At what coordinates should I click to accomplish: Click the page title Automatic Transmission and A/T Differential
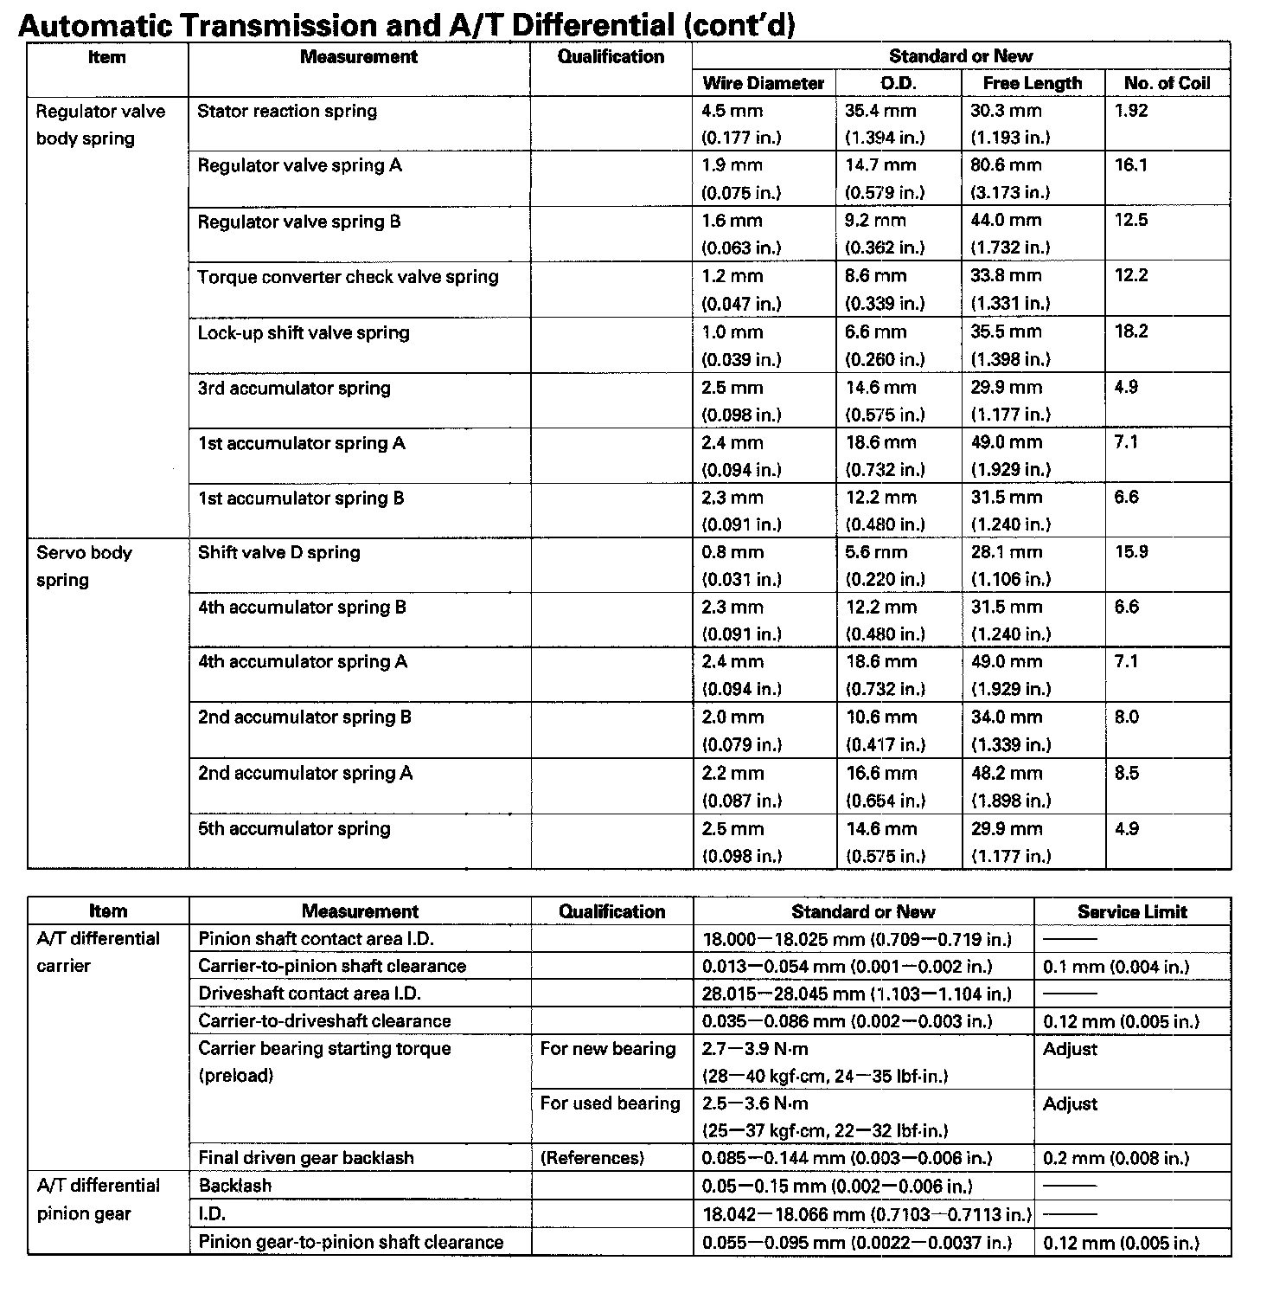coord(406,24)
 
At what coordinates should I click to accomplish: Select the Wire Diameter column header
coord(764,84)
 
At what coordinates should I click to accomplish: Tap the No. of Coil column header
coord(1167,84)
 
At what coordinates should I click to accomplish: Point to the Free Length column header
coord(1033,84)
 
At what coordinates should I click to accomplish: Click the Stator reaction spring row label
coord(287,112)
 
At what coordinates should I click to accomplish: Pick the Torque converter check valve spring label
coord(348,278)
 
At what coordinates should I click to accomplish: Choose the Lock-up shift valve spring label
coord(304,333)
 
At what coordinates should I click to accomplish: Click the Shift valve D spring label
coord(278,553)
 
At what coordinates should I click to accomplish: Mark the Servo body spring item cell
coord(85,566)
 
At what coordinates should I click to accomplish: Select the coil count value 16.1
coord(1131,165)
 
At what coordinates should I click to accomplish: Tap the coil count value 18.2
coord(1131,332)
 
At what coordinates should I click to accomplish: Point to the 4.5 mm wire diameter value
coord(732,112)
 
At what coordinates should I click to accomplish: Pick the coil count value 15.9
coord(1131,552)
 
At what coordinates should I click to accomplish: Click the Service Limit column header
coord(1132,912)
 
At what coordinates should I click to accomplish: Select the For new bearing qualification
coord(608,1049)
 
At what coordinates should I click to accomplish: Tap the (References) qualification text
coord(592,1158)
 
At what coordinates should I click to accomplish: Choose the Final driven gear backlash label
coord(306,1158)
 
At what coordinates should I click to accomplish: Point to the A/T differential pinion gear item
coord(99,1200)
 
